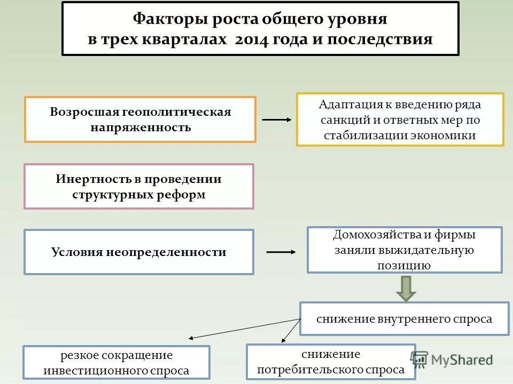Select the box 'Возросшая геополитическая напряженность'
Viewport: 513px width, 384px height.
point(140,119)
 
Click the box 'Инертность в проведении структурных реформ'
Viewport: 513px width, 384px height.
point(138,186)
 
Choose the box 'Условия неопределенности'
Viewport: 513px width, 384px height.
point(138,252)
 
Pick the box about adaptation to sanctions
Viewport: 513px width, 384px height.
point(400,119)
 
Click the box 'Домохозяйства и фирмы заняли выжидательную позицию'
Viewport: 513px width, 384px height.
point(404,250)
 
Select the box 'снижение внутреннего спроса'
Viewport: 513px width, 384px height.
point(404,319)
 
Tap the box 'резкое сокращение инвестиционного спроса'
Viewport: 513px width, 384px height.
point(116,363)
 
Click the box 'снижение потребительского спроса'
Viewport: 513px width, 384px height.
point(330,362)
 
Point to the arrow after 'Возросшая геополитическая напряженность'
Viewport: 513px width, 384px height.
point(277,119)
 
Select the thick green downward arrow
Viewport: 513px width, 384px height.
point(406,288)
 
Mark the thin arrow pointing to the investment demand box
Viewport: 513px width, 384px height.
point(243,329)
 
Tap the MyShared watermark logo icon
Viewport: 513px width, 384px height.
point(420,359)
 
